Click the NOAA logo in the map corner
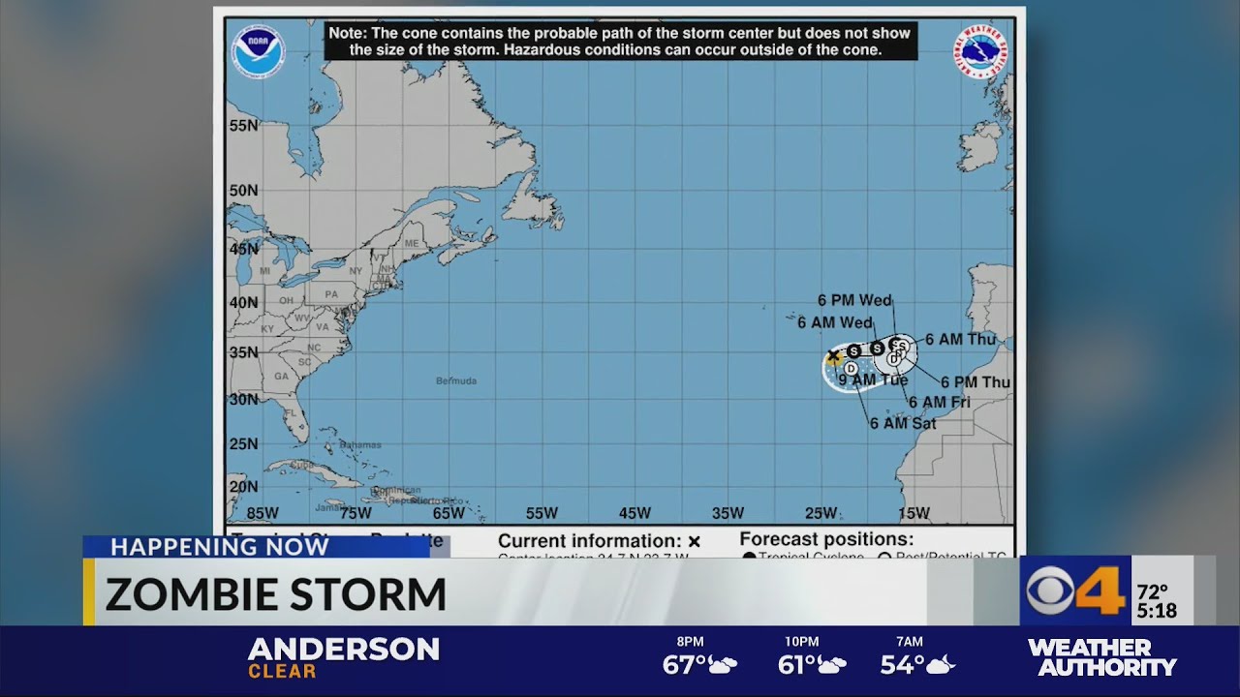point(258,52)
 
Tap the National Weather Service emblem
point(981,52)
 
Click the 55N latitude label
point(243,126)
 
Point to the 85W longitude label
point(262,513)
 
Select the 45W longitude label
point(635,513)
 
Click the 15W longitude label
point(914,513)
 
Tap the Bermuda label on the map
point(456,380)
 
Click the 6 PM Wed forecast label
point(854,301)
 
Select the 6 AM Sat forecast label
point(902,423)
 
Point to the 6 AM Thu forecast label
point(959,340)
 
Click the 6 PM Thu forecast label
point(975,382)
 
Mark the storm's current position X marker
point(833,356)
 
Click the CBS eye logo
point(1051,591)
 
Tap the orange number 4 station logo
point(1101,590)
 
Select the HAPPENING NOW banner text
point(219,547)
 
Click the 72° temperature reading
point(1153,591)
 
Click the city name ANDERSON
point(343,648)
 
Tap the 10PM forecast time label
point(801,642)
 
